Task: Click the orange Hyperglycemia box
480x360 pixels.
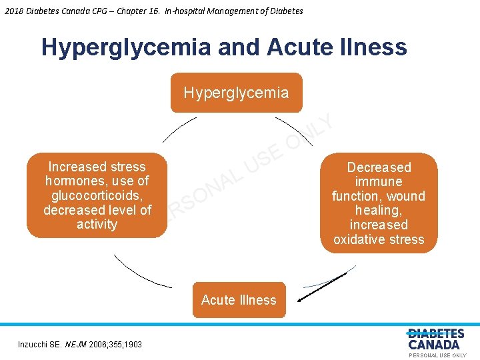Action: pos(236,93)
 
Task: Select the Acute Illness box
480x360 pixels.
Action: pos(239,300)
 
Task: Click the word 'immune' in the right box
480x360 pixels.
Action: pos(379,181)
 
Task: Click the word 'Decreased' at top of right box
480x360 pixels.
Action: pos(379,167)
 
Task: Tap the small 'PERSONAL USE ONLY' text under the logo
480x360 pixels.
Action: pos(437,355)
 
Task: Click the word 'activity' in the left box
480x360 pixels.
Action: pos(97,224)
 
